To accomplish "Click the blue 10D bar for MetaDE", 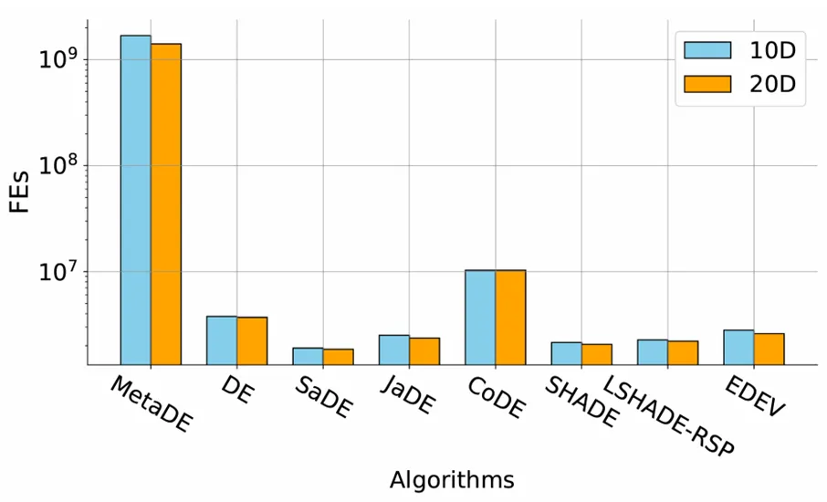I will (x=136, y=200).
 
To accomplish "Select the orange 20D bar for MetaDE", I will (x=166, y=204).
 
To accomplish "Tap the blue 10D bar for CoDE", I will (x=480, y=318).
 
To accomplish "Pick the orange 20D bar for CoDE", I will (x=510, y=318).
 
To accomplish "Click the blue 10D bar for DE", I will (x=222, y=340).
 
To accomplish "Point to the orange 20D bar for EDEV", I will (x=769, y=350).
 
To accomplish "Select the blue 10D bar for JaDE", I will (x=394, y=350).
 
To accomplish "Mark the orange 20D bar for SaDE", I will (x=338, y=357).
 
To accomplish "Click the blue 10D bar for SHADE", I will (x=566, y=353).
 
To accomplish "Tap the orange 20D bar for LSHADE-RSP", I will (x=683, y=352).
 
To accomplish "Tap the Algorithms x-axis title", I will (x=451, y=480).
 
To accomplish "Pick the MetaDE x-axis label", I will (x=152, y=403).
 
